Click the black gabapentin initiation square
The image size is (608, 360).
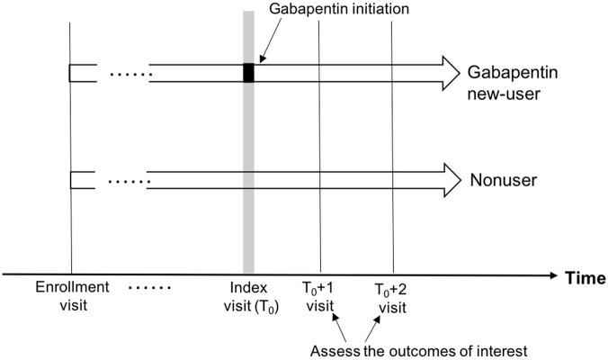tap(249, 74)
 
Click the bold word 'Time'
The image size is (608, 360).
tap(585, 278)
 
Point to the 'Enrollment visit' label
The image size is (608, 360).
tap(72, 294)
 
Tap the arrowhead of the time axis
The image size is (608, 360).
tap(550, 274)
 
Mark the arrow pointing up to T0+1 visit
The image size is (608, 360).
tap(340, 326)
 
